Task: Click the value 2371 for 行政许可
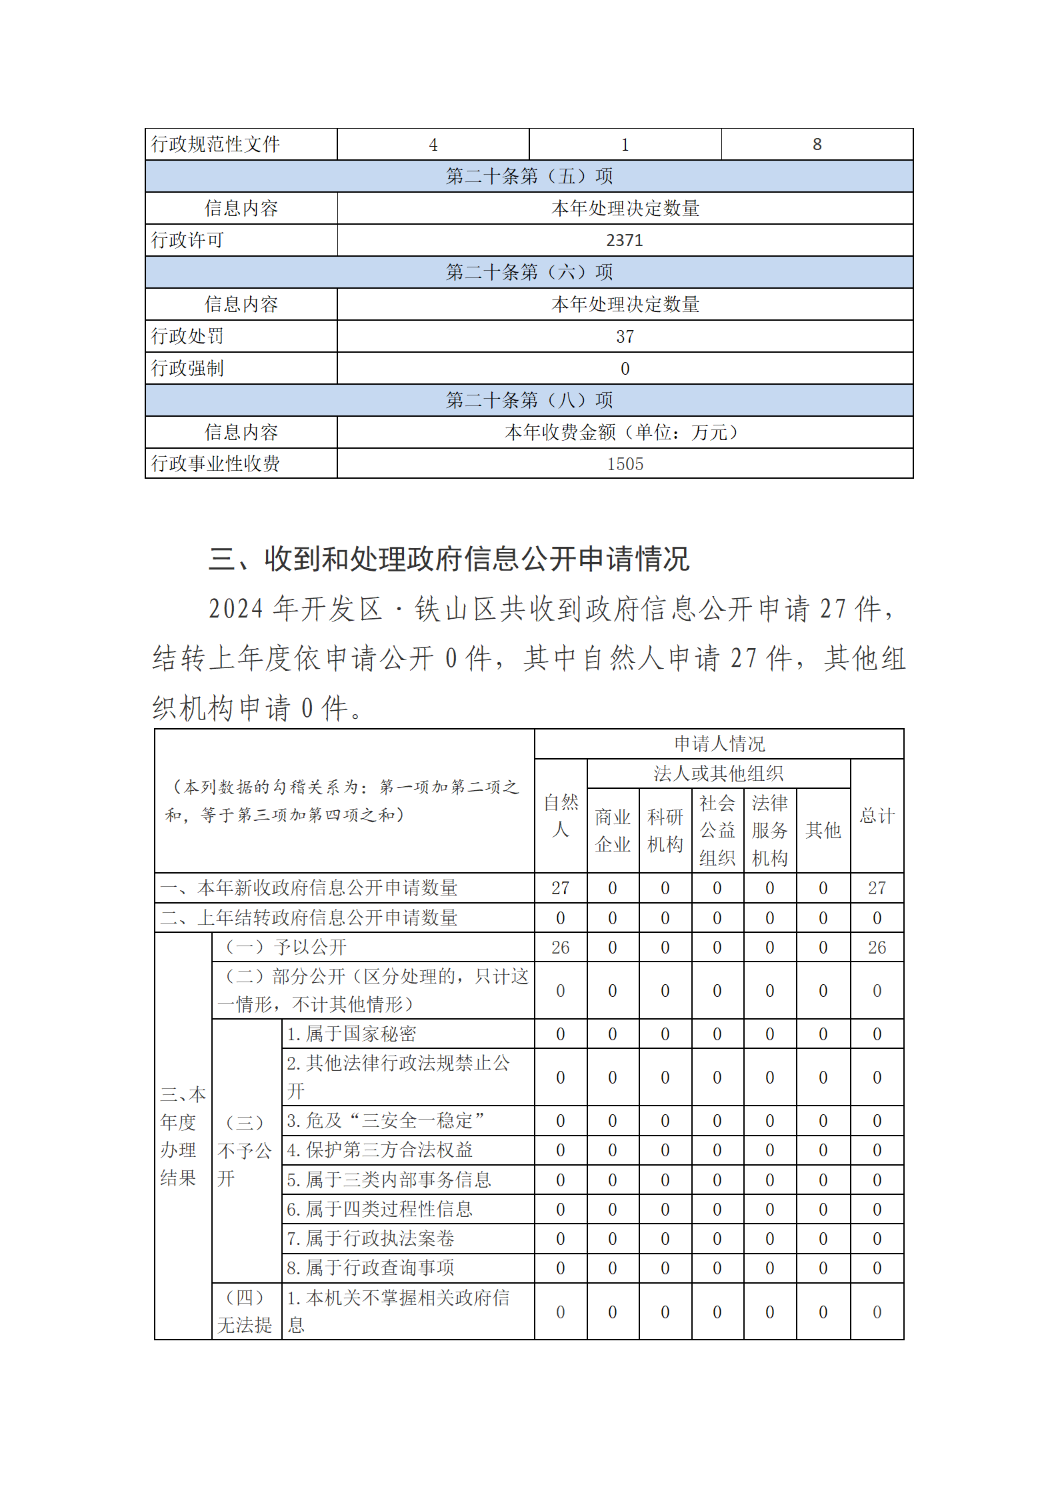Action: [x=625, y=240]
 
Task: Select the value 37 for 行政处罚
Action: [x=625, y=337]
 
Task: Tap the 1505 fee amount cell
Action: [x=625, y=464]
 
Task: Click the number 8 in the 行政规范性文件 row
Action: [x=817, y=145]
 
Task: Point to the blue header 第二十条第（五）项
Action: [x=529, y=176]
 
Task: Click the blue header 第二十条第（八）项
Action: [x=529, y=400]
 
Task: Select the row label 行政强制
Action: [x=187, y=368]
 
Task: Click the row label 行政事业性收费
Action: [x=215, y=463]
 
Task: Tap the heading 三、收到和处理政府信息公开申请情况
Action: [x=449, y=559]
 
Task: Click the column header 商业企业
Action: [x=613, y=830]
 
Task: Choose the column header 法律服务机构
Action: [x=770, y=830]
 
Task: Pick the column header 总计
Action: [x=877, y=816]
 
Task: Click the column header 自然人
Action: [x=561, y=816]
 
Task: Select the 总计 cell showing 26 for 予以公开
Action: [x=877, y=948]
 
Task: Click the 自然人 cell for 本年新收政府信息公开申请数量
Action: [x=561, y=888]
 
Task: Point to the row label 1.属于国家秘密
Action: [x=351, y=1034]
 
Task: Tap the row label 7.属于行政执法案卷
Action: [x=371, y=1238]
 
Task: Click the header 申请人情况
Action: [x=719, y=743]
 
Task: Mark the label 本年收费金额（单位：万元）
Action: [x=625, y=432]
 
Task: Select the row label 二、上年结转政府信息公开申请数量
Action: [x=309, y=918]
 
